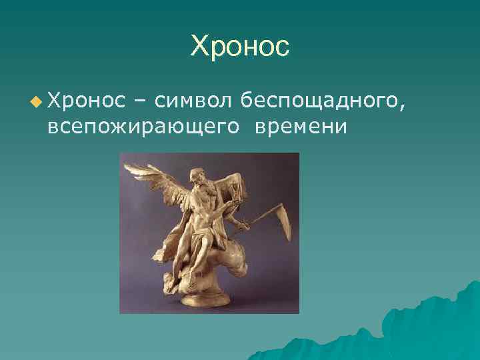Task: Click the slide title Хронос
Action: [x=240, y=46]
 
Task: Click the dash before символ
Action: [x=142, y=101]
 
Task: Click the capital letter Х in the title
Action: [x=199, y=47]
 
